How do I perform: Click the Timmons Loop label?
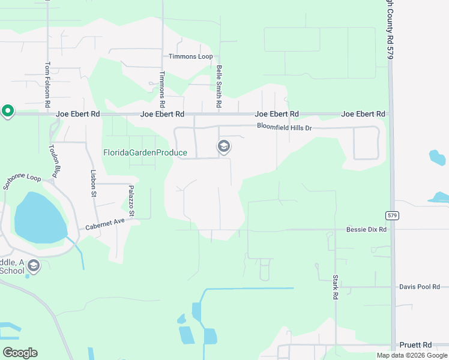[191, 56]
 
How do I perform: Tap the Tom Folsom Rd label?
[47, 85]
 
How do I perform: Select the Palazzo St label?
[131, 201]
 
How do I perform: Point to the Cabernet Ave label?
[104, 224]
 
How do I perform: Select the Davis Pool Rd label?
[420, 287]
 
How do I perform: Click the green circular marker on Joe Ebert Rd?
[7, 111]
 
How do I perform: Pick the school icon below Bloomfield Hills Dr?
[224, 146]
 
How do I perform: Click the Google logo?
[20, 352]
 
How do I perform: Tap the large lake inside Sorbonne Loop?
[40, 217]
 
